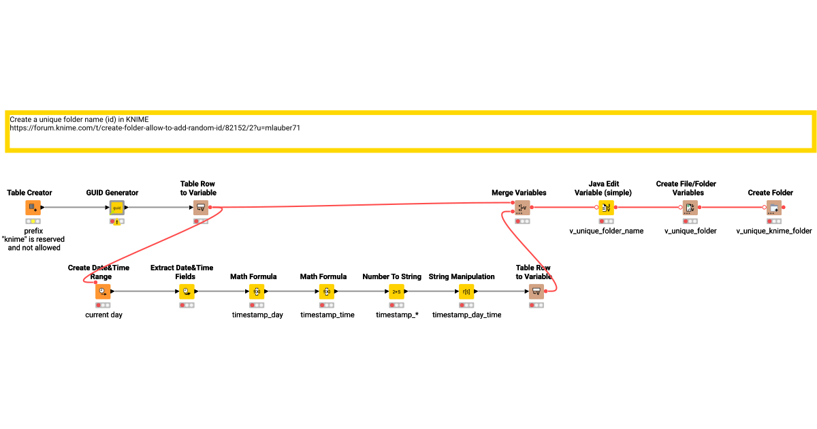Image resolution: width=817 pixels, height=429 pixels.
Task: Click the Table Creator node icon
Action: click(x=33, y=207)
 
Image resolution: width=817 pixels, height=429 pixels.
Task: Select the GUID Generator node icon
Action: click(x=117, y=207)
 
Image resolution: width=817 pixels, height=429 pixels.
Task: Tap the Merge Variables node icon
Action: click(x=523, y=207)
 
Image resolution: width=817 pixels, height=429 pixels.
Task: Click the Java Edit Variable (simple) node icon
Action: click(x=606, y=207)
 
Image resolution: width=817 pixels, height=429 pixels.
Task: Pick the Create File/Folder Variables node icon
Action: click(x=690, y=207)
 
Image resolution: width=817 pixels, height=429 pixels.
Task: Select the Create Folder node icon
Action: click(x=774, y=207)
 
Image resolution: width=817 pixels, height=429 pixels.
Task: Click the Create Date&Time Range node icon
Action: click(x=103, y=291)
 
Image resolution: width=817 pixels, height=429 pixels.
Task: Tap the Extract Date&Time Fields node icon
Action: click(x=187, y=291)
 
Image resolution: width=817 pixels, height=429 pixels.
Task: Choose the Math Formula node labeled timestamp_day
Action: click(x=257, y=291)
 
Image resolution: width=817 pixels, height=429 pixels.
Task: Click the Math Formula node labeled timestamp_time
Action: click(x=327, y=291)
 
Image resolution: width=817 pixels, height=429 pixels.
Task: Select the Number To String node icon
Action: click(x=396, y=291)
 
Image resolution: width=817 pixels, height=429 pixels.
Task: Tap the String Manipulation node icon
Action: click(x=466, y=291)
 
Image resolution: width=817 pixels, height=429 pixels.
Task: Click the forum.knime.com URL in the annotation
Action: click(x=155, y=127)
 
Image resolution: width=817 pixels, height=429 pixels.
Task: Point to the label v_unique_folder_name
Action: click(x=606, y=231)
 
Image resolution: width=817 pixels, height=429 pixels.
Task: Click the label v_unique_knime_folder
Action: click(x=774, y=231)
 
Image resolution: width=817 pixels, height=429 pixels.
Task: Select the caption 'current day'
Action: click(x=103, y=315)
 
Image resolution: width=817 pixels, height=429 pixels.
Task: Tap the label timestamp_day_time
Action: click(x=466, y=315)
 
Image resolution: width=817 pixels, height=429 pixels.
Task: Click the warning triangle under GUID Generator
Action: click(x=118, y=222)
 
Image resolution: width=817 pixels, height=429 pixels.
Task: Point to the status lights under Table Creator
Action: click(x=33, y=221)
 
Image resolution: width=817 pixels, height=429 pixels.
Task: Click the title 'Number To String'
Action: click(x=391, y=276)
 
